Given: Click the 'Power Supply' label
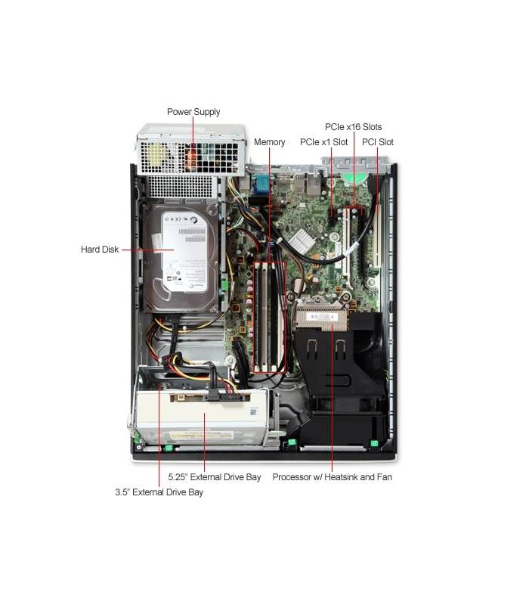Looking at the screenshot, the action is tap(193, 112).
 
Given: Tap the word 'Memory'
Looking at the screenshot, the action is tap(270, 142).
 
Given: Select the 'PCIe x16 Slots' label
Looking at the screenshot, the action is tap(353, 127).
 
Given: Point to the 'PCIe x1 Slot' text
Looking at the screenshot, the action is tap(324, 142).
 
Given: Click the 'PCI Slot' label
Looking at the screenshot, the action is tap(378, 142).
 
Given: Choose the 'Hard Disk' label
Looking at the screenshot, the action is tap(100, 250).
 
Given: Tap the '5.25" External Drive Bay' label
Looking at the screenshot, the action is tap(215, 477).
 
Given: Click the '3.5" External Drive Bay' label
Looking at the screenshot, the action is tap(159, 492).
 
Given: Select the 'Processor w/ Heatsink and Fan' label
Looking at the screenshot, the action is tap(332, 477).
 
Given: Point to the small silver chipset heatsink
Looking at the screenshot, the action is tap(302, 241).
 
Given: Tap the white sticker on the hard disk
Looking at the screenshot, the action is tap(184, 252).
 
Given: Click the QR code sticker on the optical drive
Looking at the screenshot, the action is tap(253, 411).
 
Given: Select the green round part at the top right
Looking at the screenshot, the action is tap(353, 178).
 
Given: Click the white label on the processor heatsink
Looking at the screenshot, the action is tap(320, 317).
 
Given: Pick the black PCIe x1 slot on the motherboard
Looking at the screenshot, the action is tap(332, 217).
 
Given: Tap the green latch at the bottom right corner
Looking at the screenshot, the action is tap(373, 443).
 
